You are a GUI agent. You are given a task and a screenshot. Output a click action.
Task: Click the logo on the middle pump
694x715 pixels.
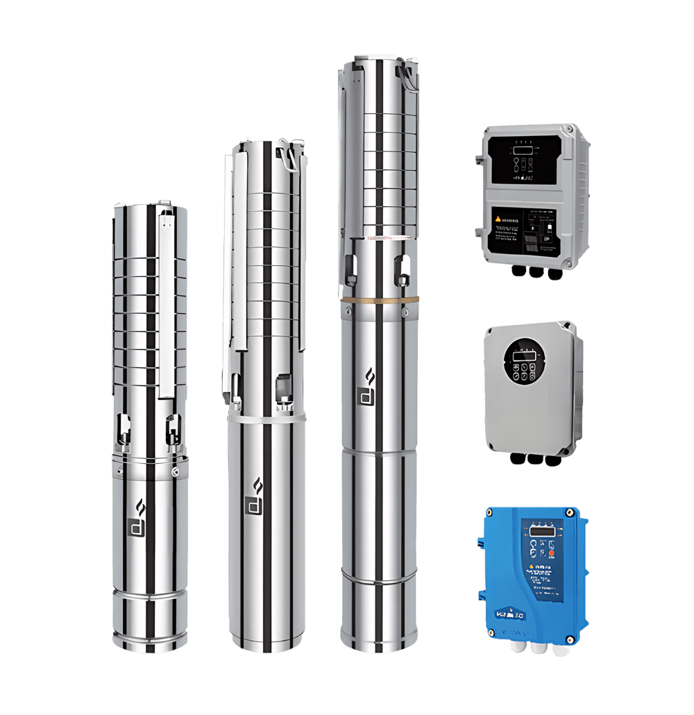point(255,496)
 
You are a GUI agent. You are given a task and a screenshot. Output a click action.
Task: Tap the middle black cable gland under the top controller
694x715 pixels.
point(534,274)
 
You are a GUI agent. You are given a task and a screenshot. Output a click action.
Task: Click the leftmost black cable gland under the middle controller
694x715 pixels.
point(516,459)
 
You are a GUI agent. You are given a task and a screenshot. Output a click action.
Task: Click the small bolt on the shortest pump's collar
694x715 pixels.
point(175,472)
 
